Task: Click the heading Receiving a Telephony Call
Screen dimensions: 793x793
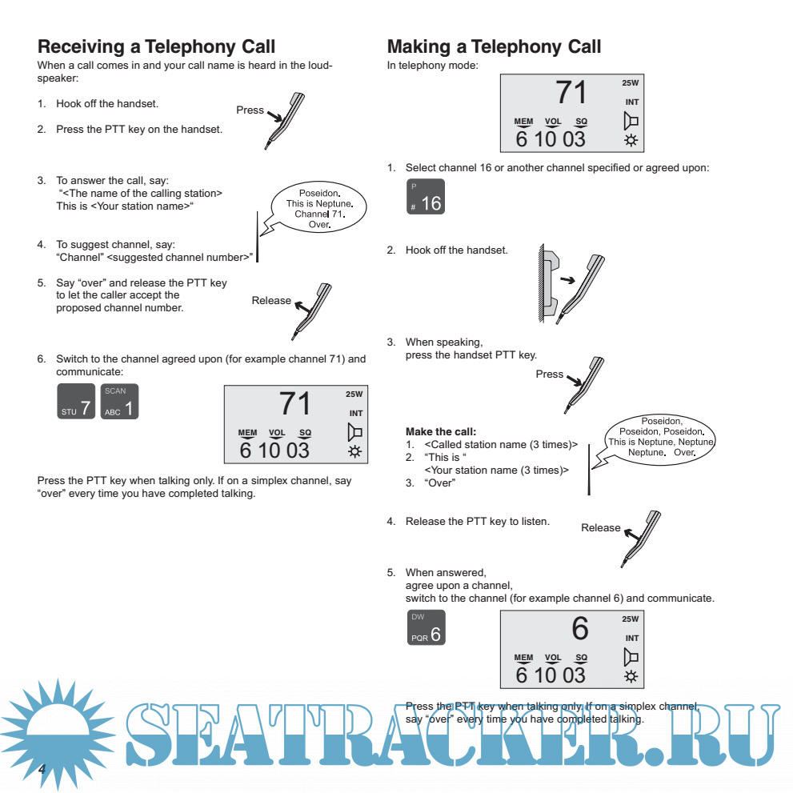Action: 156,46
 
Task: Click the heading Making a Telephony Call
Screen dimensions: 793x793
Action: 494,46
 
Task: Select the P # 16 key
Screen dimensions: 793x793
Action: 425,197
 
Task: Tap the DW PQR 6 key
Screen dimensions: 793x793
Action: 425,628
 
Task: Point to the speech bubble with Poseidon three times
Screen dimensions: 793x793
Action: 661,436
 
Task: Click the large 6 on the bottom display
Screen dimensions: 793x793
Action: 579,629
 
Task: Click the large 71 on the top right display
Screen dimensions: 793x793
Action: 571,93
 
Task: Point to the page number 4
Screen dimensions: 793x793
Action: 43,767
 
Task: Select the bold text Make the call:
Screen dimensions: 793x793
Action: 441,431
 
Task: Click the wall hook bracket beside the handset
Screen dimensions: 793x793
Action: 547,283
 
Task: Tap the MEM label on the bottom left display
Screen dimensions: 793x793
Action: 248,433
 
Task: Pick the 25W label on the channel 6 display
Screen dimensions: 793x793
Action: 630,619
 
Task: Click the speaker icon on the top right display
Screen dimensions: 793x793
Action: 631,121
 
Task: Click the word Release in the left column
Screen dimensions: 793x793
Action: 271,301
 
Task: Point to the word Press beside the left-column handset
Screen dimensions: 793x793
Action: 250,110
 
